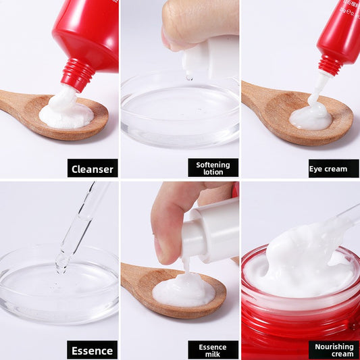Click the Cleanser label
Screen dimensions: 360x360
[93, 168]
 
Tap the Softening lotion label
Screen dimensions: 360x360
[213, 168]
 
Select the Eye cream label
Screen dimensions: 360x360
[334, 168]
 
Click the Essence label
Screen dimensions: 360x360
[93, 350]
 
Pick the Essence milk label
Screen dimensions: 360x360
[213, 350]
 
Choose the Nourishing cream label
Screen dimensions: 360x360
[334, 350]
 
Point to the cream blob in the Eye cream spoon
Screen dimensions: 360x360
[311, 118]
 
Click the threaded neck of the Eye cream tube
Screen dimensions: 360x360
[330, 64]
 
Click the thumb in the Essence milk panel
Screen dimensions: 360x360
[169, 223]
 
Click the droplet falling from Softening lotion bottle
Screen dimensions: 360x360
[189, 78]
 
